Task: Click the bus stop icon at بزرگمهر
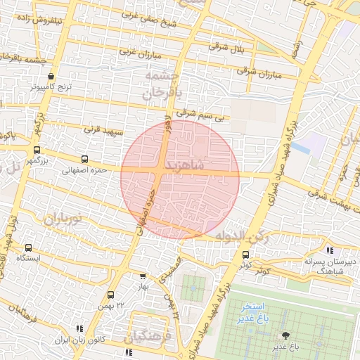pyautogui.click(x=37, y=150)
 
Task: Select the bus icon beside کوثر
pyautogui.click(x=245, y=255)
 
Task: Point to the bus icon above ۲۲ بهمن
pyautogui.click(x=110, y=295)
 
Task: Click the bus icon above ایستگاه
pyautogui.click(x=28, y=247)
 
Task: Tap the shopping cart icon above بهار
pyautogui.click(x=143, y=276)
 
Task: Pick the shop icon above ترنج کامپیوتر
pyautogui.click(x=51, y=77)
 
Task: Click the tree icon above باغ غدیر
pyautogui.click(x=285, y=335)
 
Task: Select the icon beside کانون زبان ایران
pyautogui.click(x=79, y=328)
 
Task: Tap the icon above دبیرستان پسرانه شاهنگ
pyautogui.click(x=330, y=250)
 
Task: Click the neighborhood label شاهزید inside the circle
pyautogui.click(x=186, y=165)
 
